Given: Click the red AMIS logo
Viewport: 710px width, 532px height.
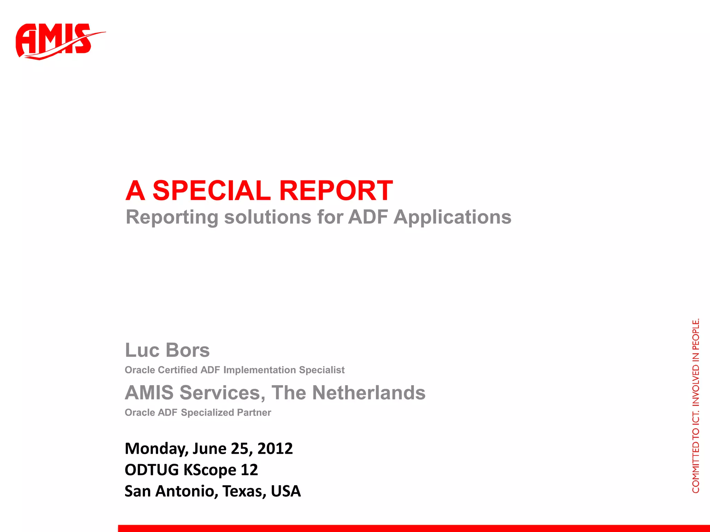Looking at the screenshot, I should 55,41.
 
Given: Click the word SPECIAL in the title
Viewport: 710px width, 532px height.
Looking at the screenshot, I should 211,190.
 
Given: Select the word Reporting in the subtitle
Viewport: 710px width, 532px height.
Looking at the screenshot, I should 172,218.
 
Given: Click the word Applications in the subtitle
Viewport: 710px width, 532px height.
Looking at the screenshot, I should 452,218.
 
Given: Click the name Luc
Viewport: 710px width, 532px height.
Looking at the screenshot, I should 142,350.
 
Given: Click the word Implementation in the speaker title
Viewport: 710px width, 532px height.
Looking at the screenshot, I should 260,370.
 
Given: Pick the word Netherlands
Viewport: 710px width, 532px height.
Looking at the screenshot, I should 369,393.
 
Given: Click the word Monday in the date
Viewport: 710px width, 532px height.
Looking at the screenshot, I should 156,449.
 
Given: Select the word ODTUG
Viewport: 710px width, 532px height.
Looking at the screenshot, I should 151,470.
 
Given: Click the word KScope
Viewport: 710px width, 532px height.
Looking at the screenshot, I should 210,470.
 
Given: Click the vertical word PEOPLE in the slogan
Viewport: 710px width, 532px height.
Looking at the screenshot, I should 695,334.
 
